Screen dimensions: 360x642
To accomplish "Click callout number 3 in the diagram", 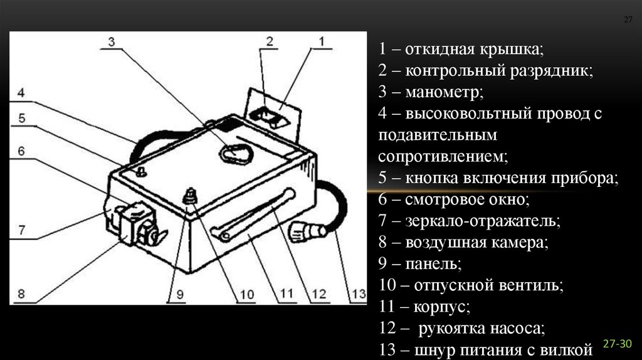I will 111,42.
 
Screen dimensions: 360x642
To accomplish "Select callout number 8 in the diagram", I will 21,293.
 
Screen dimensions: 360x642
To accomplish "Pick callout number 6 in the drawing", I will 21,151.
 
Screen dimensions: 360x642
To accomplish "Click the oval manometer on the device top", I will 235,152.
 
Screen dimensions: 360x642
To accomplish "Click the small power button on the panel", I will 141,172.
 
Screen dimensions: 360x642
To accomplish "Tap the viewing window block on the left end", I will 134,224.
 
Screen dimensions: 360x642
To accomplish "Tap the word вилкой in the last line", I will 570,349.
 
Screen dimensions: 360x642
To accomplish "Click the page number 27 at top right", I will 628,20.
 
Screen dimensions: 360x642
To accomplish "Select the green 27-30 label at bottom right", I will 618,344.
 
